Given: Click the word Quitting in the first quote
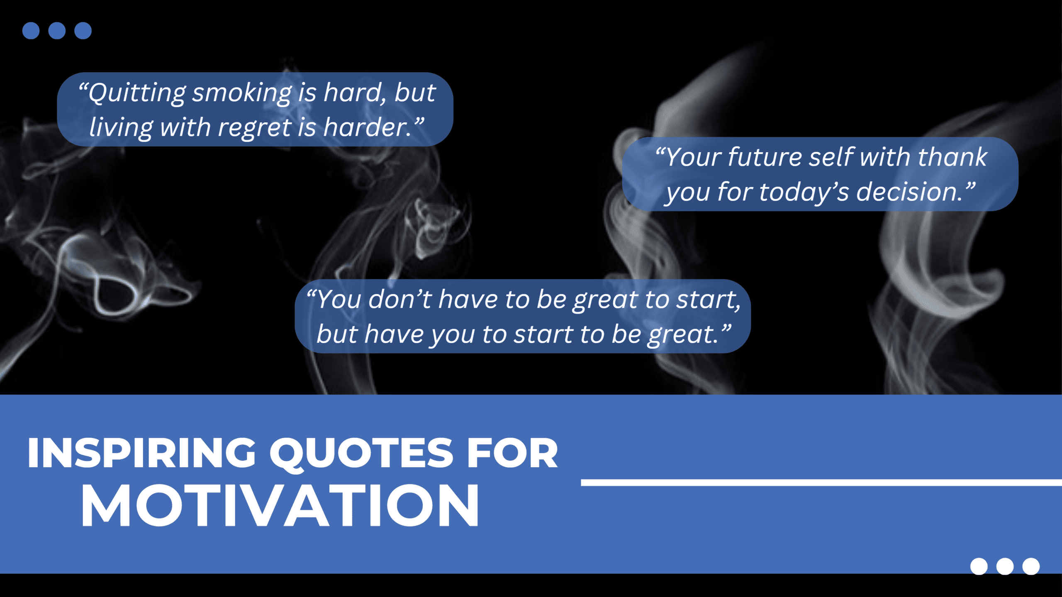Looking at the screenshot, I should [x=136, y=93].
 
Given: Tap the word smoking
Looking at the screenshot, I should [x=242, y=93].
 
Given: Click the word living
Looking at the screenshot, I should [x=121, y=127].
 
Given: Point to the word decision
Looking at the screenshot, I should [x=909, y=192].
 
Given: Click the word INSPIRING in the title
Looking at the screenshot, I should [x=141, y=453].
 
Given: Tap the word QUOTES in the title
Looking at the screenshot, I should [x=361, y=453].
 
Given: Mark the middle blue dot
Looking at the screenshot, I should [x=57, y=31].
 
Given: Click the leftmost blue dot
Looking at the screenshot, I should [x=31, y=31].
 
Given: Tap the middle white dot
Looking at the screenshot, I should [x=1005, y=566].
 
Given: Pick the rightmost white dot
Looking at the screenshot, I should [x=1031, y=566].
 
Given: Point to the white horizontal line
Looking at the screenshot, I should [x=821, y=482].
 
